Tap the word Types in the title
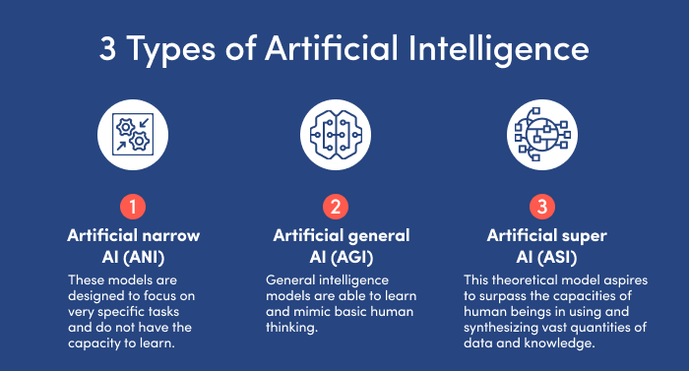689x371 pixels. (x=174, y=48)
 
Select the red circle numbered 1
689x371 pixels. (x=132, y=208)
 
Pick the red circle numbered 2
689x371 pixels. (x=337, y=208)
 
